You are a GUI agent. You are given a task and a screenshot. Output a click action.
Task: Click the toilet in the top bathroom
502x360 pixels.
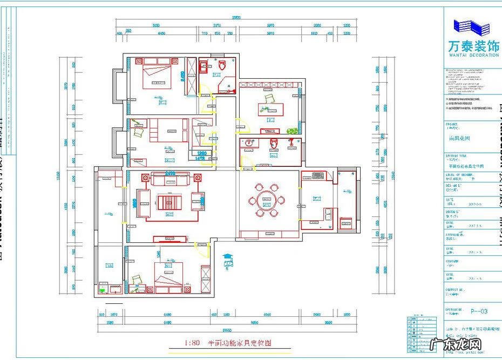pyautogui.click(x=222, y=65)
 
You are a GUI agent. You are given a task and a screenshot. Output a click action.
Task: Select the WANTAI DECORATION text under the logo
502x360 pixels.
pyautogui.click(x=473, y=55)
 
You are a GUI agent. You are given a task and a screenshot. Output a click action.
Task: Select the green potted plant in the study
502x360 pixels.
pyautogui.click(x=293, y=131)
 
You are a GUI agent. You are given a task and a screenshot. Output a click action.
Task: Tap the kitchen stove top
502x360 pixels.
pyautogui.click(x=317, y=175)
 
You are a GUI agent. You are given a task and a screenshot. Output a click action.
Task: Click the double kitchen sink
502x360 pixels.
pyautogui.click(x=328, y=213)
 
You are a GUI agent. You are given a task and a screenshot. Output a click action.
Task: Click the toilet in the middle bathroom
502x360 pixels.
pyautogui.click(x=274, y=143)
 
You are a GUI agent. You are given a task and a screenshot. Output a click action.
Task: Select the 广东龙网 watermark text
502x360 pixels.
pyautogui.click(x=465, y=346)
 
